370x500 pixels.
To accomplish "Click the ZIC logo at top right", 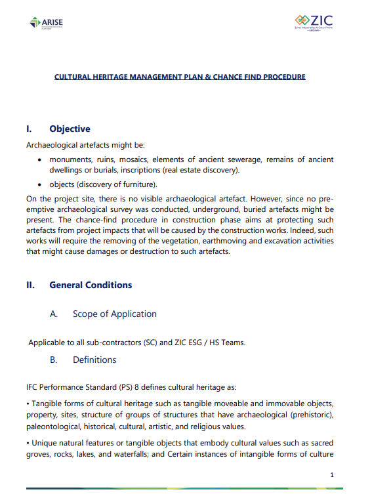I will [314, 22].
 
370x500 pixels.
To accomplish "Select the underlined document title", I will [179, 77].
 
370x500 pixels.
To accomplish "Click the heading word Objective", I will [70, 129].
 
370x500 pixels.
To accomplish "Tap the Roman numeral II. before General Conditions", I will [30, 285].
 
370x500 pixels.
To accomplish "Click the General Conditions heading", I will [91, 285].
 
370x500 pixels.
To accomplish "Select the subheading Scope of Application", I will [114, 314].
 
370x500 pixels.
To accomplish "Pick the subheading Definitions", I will [94, 360].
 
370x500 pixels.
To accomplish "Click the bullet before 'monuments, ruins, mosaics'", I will [41, 160].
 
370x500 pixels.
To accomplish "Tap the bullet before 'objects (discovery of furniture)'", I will [41, 184].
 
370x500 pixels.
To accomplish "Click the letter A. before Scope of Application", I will [54, 314].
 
